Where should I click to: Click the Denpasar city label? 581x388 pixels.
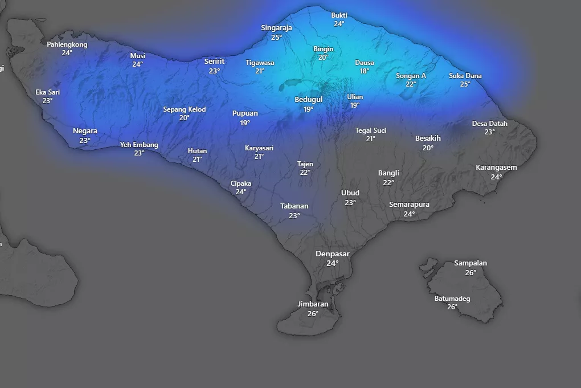pos(333,254)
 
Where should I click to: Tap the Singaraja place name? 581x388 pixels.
pos(276,27)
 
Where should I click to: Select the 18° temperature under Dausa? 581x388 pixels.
pos(365,71)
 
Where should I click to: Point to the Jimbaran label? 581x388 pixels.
pos(313,304)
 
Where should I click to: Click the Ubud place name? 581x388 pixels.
pos(350,193)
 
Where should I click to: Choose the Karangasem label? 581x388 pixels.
pos(496,168)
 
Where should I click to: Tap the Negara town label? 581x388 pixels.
pos(85,131)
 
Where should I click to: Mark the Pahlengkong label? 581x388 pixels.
pos(67,44)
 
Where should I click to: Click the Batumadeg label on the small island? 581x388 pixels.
pos(452,298)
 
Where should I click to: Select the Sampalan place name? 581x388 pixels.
pos(470,263)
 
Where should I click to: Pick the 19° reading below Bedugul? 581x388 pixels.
pos(308,109)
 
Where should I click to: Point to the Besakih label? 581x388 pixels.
pos(428,138)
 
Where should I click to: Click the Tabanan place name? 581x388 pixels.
pos(294,206)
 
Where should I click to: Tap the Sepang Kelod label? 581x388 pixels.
pos(185,109)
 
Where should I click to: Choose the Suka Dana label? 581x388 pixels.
pos(465,75)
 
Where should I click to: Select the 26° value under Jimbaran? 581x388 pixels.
pos(313,313)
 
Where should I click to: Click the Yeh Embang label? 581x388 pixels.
pos(139,145)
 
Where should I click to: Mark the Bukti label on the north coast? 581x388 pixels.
pos(339,15)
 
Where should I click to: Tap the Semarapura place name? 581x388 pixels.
pos(410,205)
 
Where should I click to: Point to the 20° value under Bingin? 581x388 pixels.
pos(324,58)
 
